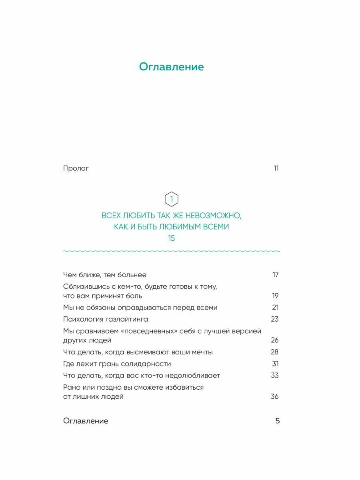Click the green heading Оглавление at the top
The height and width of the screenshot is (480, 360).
pyautogui.click(x=171, y=67)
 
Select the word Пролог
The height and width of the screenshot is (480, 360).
pyautogui.click(x=76, y=168)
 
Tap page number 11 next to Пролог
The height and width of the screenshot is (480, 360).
pyautogui.click(x=276, y=168)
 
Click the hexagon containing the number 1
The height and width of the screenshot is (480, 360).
pyautogui.click(x=171, y=199)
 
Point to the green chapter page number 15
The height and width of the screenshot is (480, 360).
pyautogui.click(x=171, y=238)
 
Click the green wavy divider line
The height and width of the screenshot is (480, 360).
pyautogui.click(x=171, y=252)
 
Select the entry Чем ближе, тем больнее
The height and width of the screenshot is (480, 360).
pyautogui.click(x=105, y=275)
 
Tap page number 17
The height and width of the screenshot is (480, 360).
pyautogui.click(x=275, y=275)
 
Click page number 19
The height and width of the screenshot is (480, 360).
pyautogui.click(x=275, y=296)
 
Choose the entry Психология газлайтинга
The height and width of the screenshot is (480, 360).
pyautogui.click(x=106, y=319)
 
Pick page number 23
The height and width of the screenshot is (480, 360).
pyautogui.click(x=275, y=319)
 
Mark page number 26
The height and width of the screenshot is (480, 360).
pyautogui.click(x=275, y=340)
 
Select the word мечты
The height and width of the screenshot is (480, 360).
pyautogui.click(x=202, y=352)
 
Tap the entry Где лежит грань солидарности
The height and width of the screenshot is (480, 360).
pyautogui.click(x=117, y=364)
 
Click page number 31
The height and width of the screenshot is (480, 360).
pyautogui.click(x=275, y=364)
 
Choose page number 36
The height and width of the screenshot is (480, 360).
pyautogui.click(x=275, y=397)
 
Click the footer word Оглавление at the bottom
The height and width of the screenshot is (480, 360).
pyautogui.click(x=86, y=421)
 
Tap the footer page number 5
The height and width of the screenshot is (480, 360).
pyautogui.click(x=278, y=421)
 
